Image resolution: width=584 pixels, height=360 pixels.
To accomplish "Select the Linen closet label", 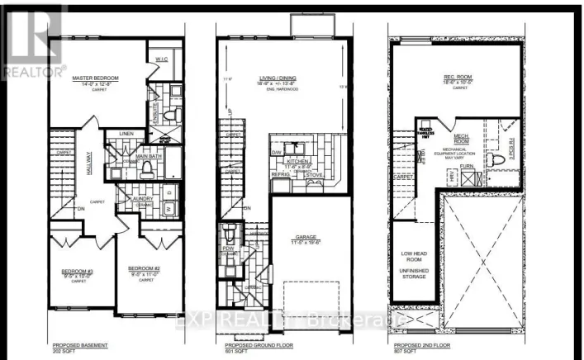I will click(x=126, y=133).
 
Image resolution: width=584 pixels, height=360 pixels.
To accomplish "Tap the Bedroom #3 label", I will click(x=77, y=270).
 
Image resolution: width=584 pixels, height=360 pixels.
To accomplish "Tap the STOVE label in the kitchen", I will click(x=314, y=175).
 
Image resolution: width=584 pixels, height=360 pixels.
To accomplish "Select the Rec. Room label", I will click(x=458, y=80).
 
